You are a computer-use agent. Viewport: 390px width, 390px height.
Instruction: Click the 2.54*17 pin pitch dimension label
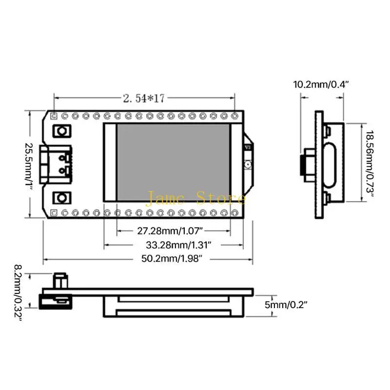tap(144, 98)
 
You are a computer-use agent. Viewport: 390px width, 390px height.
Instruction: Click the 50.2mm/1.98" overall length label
tap(172, 259)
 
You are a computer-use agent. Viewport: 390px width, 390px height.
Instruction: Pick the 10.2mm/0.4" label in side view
tap(322, 84)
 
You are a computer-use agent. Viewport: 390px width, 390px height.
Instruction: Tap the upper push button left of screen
tap(62, 131)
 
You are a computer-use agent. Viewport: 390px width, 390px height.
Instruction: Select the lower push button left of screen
tap(62, 197)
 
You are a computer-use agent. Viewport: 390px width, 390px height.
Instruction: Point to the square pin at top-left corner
tap(54, 116)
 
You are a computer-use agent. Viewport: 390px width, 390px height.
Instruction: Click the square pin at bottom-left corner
tap(54, 213)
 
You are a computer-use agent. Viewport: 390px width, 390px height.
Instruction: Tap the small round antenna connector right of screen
tap(248, 164)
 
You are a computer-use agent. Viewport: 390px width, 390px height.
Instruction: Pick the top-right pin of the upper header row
tap(235, 116)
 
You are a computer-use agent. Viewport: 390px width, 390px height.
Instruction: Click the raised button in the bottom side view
tap(59, 280)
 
